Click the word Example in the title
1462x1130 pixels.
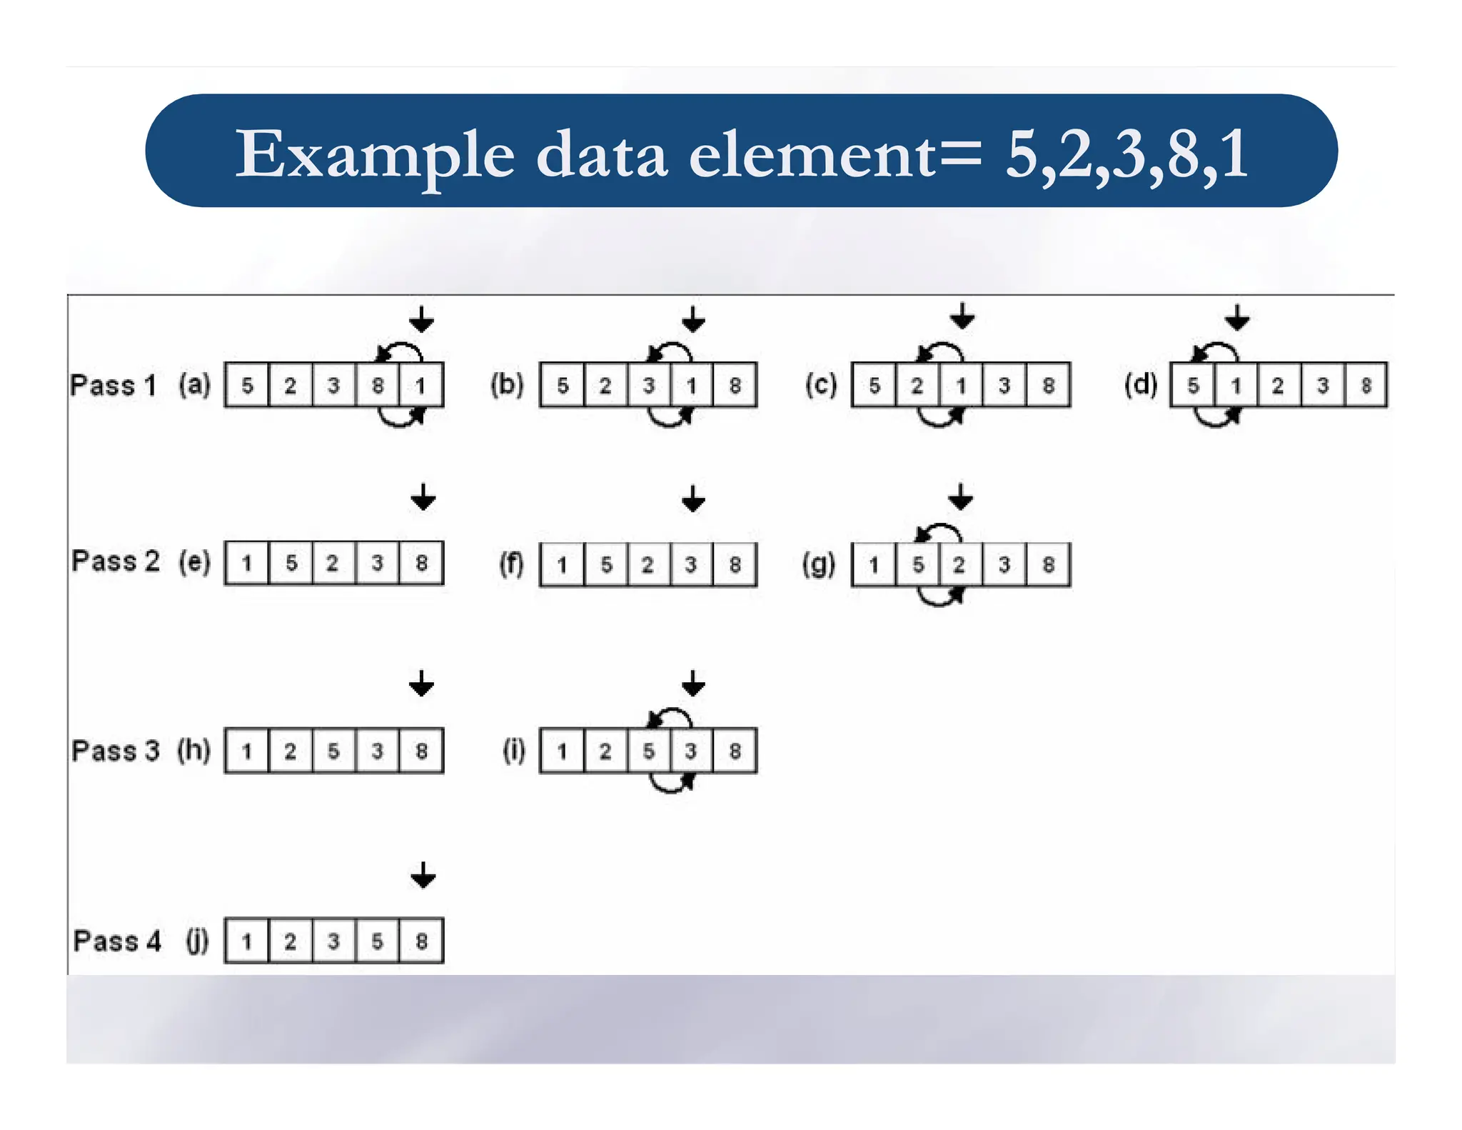[x=375, y=155]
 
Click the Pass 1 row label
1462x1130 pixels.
[x=113, y=385]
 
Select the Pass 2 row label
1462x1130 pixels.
[x=115, y=561]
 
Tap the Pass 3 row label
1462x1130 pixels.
[x=115, y=751]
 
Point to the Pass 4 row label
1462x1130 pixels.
[x=117, y=941]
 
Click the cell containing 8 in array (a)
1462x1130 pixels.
[x=378, y=386]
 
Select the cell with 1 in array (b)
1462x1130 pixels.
[x=691, y=386]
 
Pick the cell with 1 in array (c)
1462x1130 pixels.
[x=961, y=386]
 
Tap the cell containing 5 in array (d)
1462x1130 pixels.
[x=1193, y=386]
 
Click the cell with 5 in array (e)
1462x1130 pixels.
[x=291, y=563]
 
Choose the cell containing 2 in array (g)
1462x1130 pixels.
[x=959, y=564]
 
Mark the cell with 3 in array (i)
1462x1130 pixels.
[x=691, y=751]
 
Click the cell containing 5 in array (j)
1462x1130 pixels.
[x=377, y=941]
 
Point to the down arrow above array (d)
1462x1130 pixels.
[x=1237, y=317]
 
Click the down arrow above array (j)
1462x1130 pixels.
[x=423, y=875]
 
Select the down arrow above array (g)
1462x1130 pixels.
[x=961, y=496]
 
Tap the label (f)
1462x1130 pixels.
[x=511, y=564]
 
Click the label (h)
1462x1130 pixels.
[x=194, y=750]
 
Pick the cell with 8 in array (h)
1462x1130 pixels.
[x=421, y=751]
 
